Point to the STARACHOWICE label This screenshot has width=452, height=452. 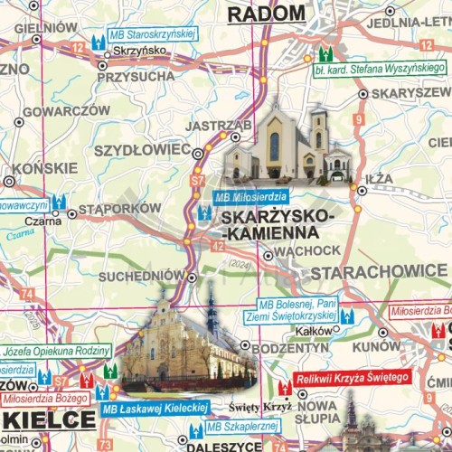[378, 271]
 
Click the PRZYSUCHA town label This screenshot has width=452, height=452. [135, 77]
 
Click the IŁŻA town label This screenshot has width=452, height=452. [380, 179]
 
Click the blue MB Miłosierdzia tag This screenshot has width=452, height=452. [250, 196]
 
